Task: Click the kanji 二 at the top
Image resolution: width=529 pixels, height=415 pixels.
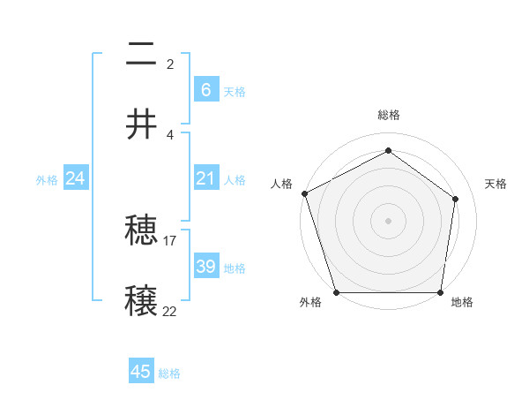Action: coord(141,56)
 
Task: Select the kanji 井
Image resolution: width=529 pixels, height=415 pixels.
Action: coord(141,124)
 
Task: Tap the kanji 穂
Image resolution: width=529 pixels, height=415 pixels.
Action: coord(141,231)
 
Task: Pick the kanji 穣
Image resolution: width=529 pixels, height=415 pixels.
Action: coord(141,300)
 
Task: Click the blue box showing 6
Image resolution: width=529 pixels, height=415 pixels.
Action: coord(205,90)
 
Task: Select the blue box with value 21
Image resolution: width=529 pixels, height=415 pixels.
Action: coord(205,178)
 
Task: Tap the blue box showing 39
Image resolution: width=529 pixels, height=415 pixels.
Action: coord(205,267)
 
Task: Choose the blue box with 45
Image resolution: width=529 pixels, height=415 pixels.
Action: coord(141,372)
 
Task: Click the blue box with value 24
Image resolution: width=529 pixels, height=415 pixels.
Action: coord(75,178)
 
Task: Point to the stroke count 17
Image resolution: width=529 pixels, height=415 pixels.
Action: coord(170,240)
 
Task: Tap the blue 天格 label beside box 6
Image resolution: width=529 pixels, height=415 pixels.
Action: coord(234,91)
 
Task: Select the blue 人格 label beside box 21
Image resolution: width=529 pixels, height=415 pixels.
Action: coord(234,179)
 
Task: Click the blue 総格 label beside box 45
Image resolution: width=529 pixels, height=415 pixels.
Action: coord(169,373)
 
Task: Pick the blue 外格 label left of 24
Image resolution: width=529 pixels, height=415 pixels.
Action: coord(47,179)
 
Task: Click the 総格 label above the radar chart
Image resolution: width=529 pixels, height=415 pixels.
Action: coord(388,115)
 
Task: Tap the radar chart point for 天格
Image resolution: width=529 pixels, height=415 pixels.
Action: coord(456,199)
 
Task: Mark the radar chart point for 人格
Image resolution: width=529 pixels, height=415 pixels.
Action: coord(304,193)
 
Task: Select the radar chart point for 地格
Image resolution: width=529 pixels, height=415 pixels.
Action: coord(441,292)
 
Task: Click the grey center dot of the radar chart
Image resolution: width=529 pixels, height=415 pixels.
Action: coord(388,220)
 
